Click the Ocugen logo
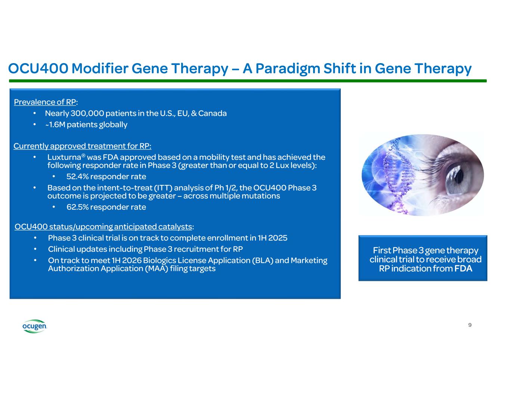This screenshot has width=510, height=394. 34,326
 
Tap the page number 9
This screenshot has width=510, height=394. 470,325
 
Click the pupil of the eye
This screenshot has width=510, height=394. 458,176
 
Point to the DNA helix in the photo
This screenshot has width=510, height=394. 397,176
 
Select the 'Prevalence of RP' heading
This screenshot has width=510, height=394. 46,102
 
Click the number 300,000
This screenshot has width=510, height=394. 87,113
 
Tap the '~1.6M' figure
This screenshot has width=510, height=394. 55,124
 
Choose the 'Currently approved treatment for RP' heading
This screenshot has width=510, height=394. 82,146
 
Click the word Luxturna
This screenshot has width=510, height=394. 64,157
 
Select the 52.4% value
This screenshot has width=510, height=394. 77,176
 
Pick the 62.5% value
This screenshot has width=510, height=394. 77,207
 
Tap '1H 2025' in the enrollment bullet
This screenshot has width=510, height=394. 272,238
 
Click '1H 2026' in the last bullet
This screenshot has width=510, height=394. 127,260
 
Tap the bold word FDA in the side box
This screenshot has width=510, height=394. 463,269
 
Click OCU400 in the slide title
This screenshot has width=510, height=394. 38,68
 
